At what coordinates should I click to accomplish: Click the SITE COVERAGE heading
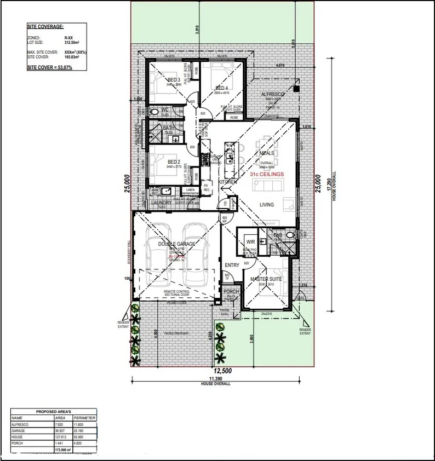(x=45, y=26)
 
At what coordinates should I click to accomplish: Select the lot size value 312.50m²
(x=72, y=41)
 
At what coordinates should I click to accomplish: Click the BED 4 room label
(x=221, y=88)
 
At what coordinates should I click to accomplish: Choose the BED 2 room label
(x=174, y=162)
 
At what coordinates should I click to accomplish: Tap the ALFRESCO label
(x=273, y=95)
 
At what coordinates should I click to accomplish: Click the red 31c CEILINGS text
(x=267, y=174)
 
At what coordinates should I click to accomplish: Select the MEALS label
(x=267, y=153)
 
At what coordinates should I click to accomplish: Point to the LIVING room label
(x=267, y=204)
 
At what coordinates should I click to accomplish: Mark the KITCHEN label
(x=228, y=181)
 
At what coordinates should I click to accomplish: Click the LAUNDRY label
(x=162, y=203)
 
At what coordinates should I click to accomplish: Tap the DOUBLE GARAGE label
(x=176, y=244)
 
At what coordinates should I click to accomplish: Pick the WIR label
(x=251, y=241)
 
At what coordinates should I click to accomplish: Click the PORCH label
(x=231, y=292)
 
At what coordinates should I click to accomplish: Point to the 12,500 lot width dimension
(x=222, y=371)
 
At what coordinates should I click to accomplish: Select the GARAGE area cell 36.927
(x=61, y=430)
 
